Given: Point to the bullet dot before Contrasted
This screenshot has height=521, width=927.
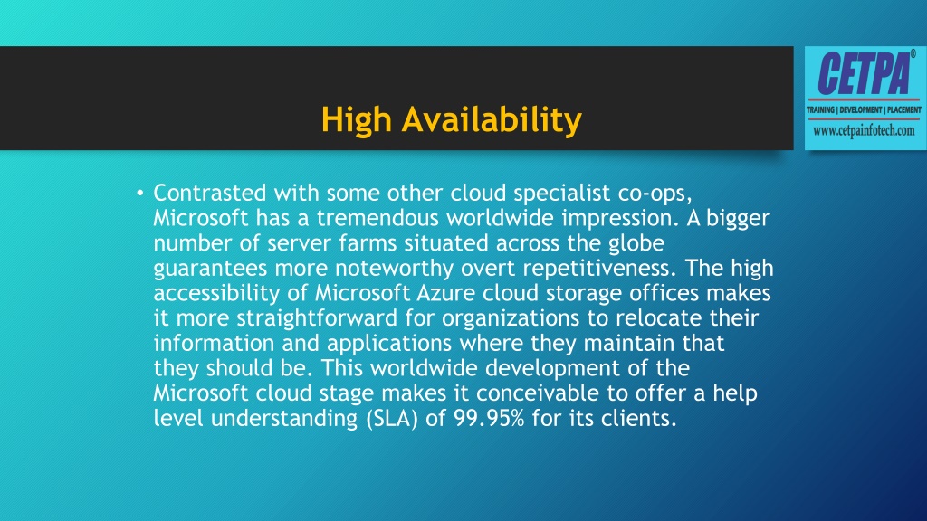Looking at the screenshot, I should [139, 193].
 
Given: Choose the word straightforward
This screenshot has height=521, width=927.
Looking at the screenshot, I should [308, 317].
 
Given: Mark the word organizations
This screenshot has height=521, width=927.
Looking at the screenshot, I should [473, 317].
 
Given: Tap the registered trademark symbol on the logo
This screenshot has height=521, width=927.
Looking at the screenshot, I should [912, 56].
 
